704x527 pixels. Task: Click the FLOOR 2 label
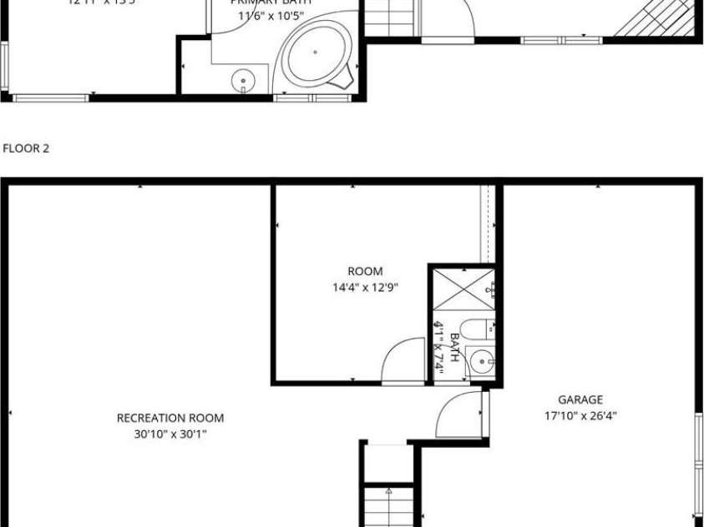[27, 148]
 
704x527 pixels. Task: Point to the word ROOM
[365, 271]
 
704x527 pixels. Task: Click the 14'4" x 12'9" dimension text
[365, 288]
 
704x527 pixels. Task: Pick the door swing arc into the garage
[459, 413]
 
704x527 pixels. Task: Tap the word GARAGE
[580, 399]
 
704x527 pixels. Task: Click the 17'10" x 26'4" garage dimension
[580, 415]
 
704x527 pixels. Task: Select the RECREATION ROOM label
[170, 418]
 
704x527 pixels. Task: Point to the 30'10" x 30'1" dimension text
[170, 434]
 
